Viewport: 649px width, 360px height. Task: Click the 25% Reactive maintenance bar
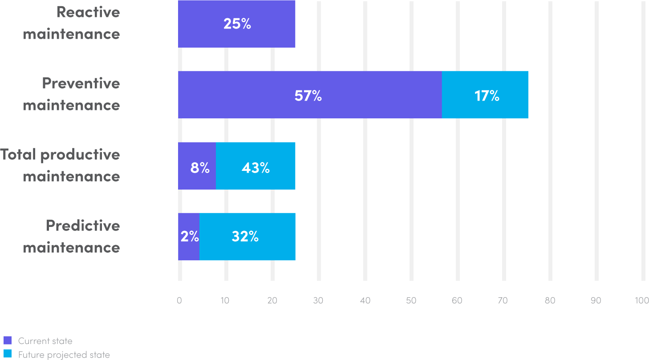pyautogui.click(x=236, y=24)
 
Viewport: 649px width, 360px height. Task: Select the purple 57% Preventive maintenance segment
pyautogui.click(x=309, y=95)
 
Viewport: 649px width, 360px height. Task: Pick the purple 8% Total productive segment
pyautogui.click(x=197, y=166)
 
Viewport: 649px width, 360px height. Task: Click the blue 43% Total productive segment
pyautogui.click(x=256, y=166)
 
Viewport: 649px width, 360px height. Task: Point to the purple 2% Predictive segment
pyautogui.click(x=188, y=237)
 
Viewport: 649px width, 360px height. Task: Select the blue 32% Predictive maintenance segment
pyautogui.click(x=247, y=237)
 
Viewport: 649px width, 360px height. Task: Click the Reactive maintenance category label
pyautogui.click(x=72, y=23)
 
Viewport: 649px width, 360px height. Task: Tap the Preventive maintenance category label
pyautogui.click(x=72, y=94)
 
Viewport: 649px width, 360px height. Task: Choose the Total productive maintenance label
pyautogui.click(x=60, y=165)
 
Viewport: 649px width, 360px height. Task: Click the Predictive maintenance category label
pyautogui.click(x=72, y=236)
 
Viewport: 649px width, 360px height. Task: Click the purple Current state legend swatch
pyautogui.click(x=8, y=340)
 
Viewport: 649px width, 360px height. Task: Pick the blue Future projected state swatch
pyautogui.click(x=8, y=354)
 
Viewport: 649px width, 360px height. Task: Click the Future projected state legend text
pyautogui.click(x=64, y=355)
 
